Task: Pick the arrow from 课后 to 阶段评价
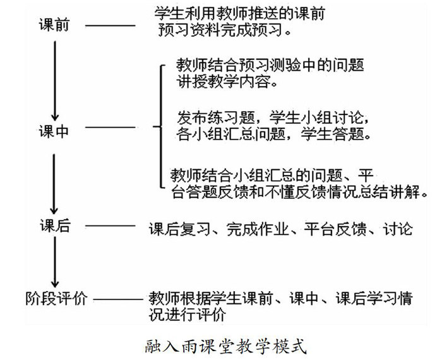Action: pyautogui.click(x=55, y=262)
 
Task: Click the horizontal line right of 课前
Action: pyautogui.click(x=110, y=26)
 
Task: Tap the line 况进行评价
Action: pyautogui.click(x=188, y=314)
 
